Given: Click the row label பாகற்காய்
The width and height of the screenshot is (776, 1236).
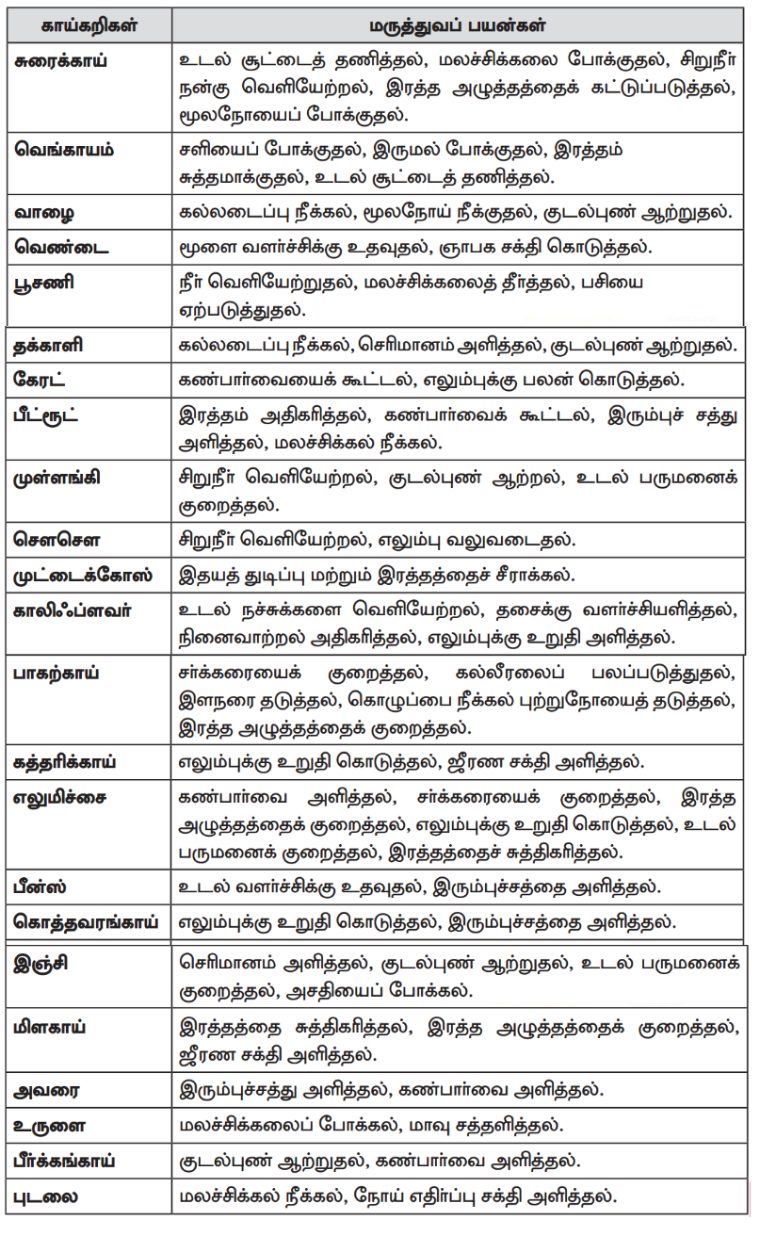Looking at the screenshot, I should (x=58, y=674).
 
